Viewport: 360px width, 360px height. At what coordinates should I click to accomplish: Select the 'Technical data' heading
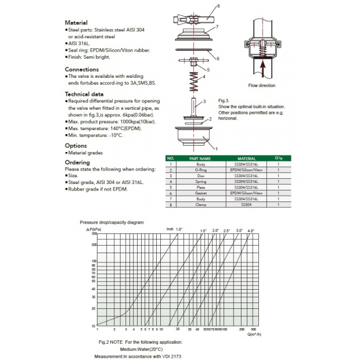[85, 93]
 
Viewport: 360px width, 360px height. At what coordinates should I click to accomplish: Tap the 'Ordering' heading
[77, 163]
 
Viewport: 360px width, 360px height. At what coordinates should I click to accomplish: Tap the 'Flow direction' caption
[262, 85]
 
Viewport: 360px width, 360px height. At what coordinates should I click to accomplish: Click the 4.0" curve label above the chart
[251, 231]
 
